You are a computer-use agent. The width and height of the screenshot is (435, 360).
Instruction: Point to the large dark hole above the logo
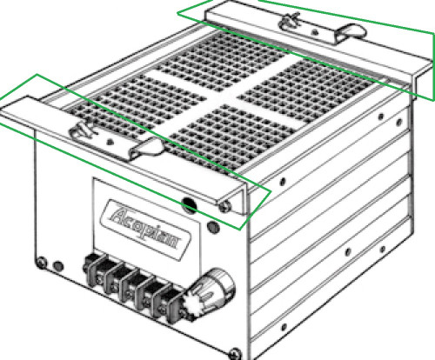click(188, 205)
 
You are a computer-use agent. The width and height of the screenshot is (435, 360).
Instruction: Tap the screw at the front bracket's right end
click(226, 204)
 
